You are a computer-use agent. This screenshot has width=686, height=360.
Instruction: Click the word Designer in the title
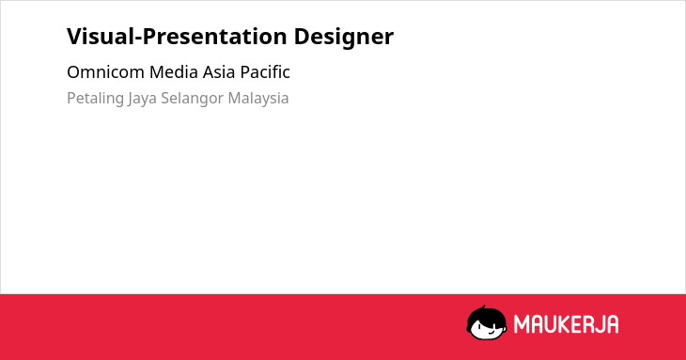pos(343,38)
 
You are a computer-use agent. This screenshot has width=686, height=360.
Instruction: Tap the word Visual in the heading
pos(101,36)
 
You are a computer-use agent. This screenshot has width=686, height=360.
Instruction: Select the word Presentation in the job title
pos(214,36)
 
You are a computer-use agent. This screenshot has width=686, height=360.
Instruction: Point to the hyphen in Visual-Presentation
pos(138,39)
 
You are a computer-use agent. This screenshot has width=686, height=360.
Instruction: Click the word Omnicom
pos(105,72)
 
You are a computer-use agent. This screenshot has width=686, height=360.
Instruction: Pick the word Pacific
pos(265,72)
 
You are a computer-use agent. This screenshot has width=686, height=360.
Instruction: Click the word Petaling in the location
pos(95,99)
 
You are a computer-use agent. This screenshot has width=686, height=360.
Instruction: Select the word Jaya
pos(143,99)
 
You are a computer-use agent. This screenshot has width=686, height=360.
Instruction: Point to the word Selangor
pos(193,99)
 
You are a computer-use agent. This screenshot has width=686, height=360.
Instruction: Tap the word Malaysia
pos(258,99)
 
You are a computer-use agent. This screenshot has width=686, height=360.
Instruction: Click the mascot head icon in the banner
pos(487,322)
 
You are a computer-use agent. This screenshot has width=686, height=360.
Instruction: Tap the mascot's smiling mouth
pos(491,332)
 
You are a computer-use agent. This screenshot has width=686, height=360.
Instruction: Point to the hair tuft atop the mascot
pos(483,307)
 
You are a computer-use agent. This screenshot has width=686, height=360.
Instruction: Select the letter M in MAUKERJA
pos(522,324)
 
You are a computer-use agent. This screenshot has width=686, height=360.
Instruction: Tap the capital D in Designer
pos(302,37)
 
